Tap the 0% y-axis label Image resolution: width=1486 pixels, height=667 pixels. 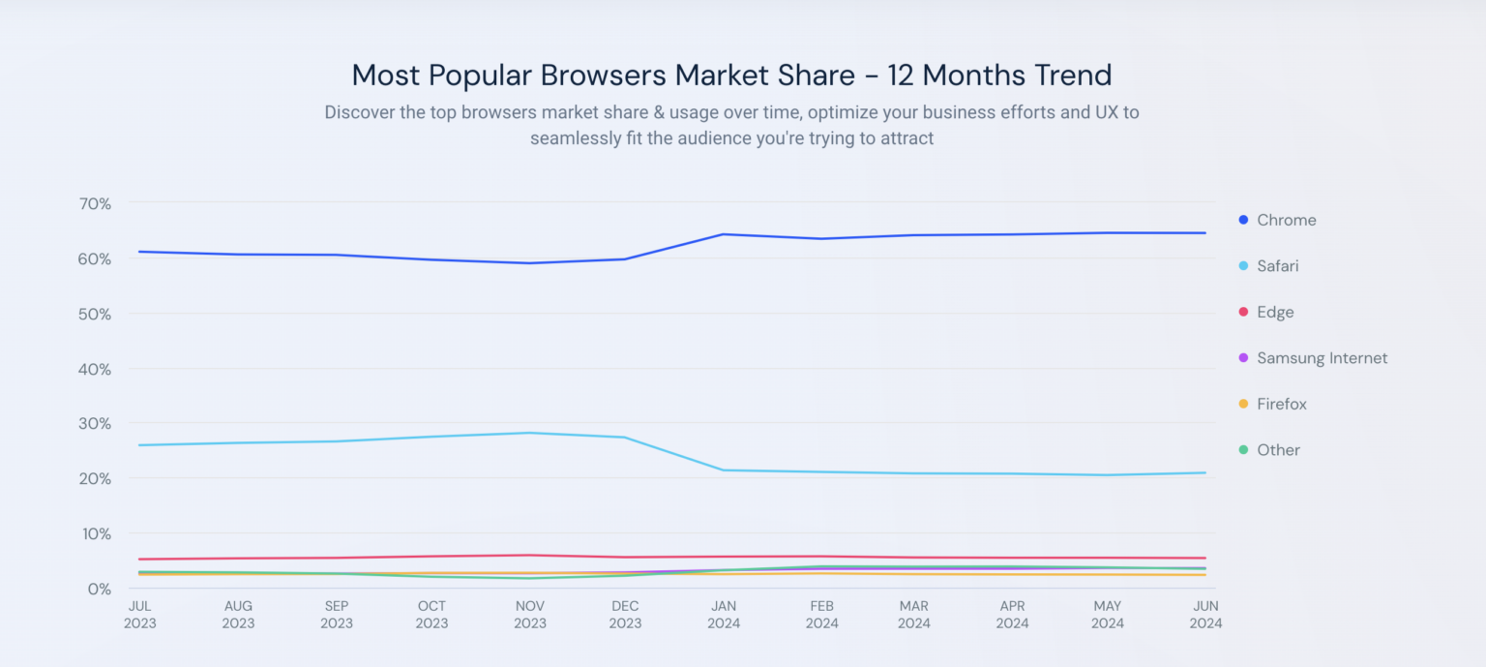pyautogui.click(x=98, y=589)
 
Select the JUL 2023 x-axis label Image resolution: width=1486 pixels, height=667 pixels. pyautogui.click(x=139, y=615)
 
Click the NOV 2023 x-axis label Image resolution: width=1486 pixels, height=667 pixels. pyautogui.click(x=529, y=615)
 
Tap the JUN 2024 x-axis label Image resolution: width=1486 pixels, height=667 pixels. pyautogui.click(x=1205, y=615)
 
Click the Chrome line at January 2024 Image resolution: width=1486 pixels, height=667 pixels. pyautogui.click(x=723, y=234)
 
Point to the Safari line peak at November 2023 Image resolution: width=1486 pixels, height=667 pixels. pyautogui.click(x=529, y=433)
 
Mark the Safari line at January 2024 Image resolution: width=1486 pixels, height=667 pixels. pyautogui.click(x=723, y=470)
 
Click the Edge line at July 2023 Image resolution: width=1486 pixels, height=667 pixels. pyautogui.click(x=140, y=559)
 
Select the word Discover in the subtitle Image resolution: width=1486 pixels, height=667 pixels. pyautogui.click(x=359, y=112)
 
